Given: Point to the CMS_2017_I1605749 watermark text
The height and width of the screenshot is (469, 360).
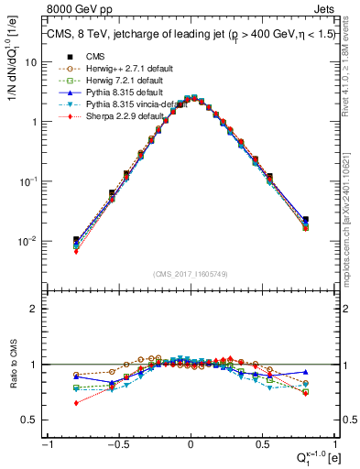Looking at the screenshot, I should [x=191, y=274].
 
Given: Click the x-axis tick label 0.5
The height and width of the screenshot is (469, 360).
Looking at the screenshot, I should [x=263, y=444].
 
